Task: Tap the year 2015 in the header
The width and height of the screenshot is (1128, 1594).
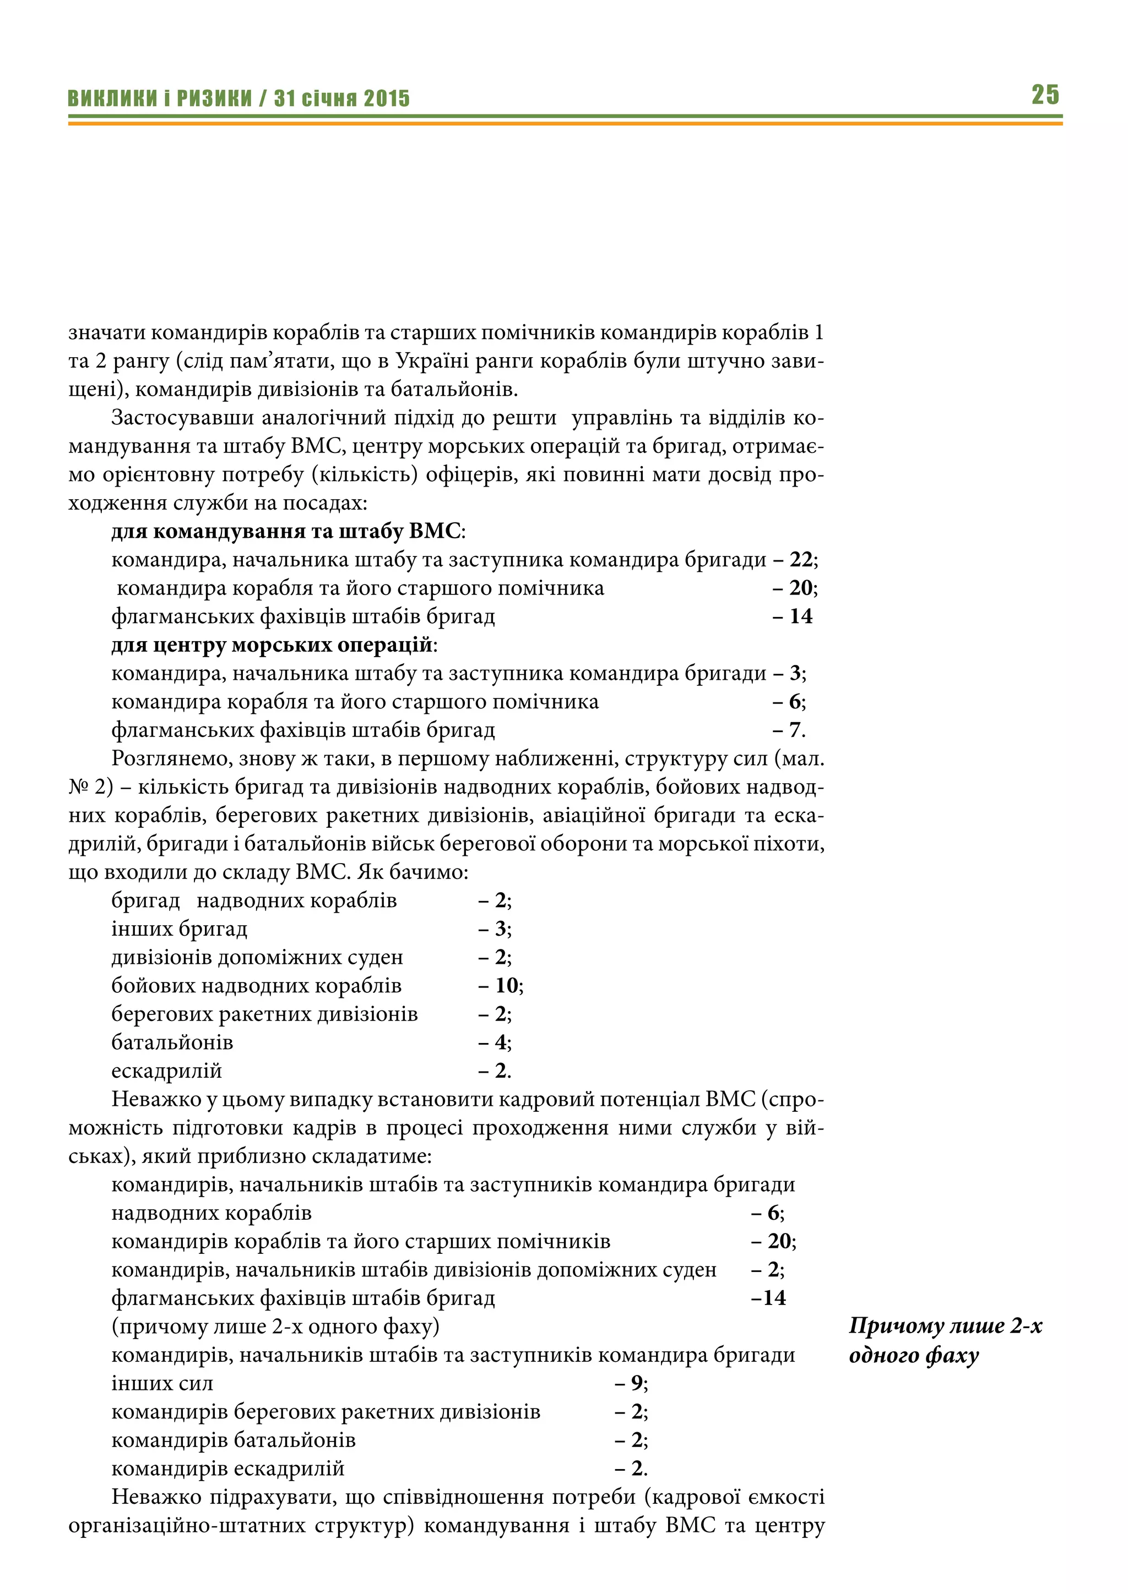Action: [x=386, y=98]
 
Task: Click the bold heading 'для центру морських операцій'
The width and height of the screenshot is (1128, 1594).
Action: [x=272, y=645]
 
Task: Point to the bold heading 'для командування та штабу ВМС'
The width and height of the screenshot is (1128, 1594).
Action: [x=285, y=531]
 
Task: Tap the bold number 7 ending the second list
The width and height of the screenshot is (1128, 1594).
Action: [x=795, y=730]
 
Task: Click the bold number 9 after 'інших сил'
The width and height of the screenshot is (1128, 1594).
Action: [x=636, y=1383]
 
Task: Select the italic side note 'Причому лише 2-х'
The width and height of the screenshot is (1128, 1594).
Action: [x=945, y=1325]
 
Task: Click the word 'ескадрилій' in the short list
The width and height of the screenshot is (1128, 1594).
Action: [x=167, y=1071]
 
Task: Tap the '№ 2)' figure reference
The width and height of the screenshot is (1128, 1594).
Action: [x=90, y=787]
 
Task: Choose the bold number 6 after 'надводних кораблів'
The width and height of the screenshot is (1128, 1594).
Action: [x=773, y=1213]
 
